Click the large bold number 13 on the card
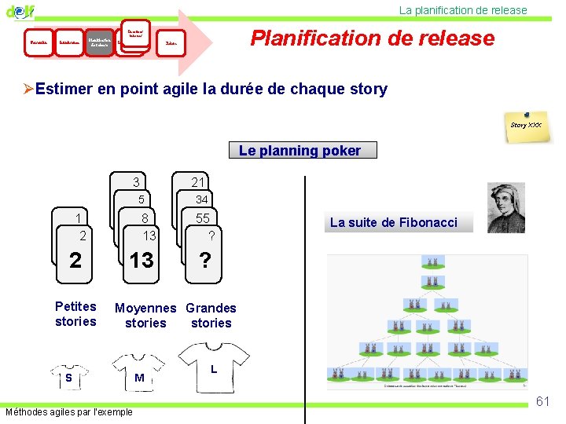point(141,260)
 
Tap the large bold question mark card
point(204,260)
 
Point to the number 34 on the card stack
point(202,199)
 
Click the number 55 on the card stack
point(203,218)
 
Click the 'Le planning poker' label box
point(300,150)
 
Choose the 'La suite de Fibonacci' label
point(393,222)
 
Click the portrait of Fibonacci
point(505,208)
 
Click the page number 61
point(542,401)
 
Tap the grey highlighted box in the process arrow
point(99,42)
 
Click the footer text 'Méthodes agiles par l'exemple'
point(69,412)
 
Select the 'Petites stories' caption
point(75,314)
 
